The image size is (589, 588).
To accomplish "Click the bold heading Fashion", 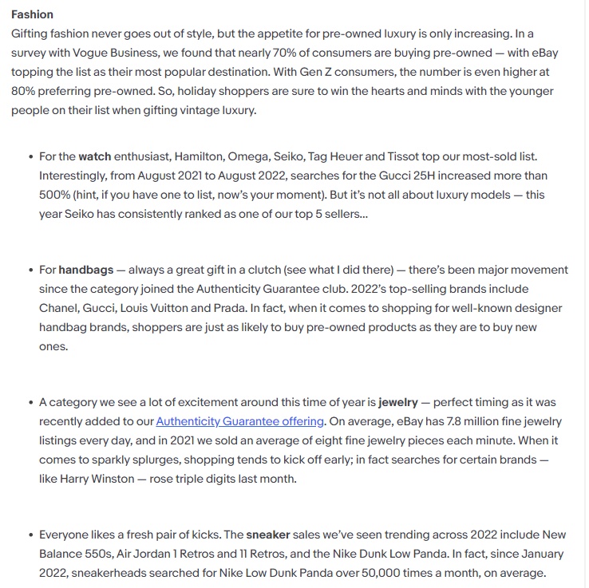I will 32,14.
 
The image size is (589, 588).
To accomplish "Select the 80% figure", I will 24,91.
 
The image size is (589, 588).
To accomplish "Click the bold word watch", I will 94,156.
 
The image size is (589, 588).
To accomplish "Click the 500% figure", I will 53,195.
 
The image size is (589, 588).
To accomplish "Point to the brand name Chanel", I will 60,308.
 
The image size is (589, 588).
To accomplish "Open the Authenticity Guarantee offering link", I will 240,421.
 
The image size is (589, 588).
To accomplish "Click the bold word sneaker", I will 269,534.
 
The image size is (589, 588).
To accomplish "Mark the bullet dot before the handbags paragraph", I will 30,270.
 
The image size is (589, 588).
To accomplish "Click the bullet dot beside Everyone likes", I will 30,535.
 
